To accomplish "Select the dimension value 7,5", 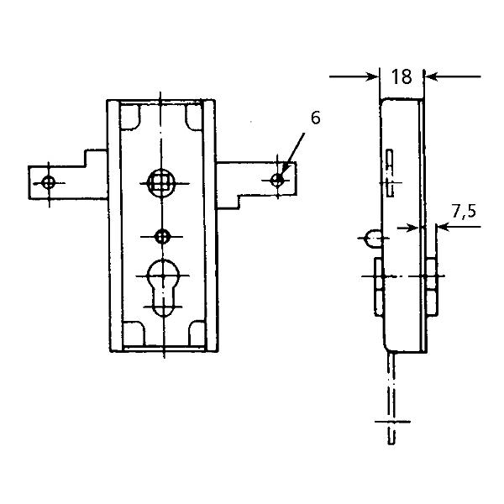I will [x=464, y=211].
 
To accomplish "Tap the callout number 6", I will [x=315, y=118].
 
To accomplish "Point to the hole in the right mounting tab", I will [x=278, y=180].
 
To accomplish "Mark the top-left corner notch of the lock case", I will [x=130, y=117].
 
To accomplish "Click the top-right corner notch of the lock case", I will [x=194, y=117].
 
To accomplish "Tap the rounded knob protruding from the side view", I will [x=370, y=239].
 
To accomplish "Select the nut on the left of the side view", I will [x=375, y=285].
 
